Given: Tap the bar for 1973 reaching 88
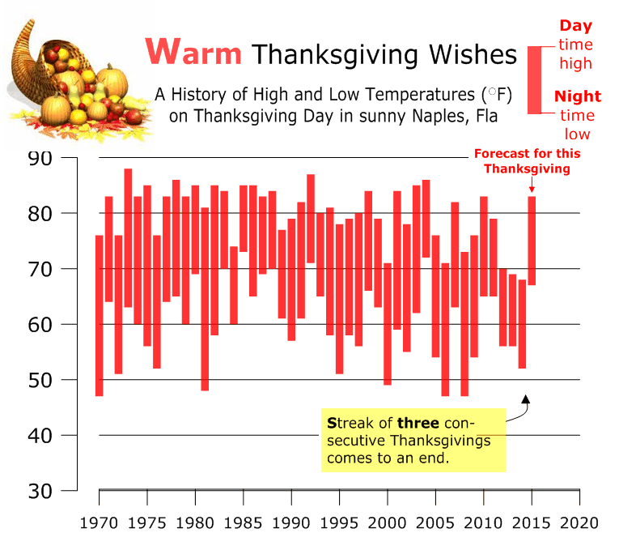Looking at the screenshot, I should click(128, 238).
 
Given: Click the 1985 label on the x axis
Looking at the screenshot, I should click(243, 522).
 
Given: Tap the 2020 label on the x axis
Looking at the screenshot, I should click(579, 522).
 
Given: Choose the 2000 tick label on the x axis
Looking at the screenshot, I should click(387, 522).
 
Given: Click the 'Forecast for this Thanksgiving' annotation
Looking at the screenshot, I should click(527, 161).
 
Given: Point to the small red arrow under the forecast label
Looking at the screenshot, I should click(532, 184).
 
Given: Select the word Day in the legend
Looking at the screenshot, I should click(575, 27).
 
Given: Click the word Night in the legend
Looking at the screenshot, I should click(577, 96).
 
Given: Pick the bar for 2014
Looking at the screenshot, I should click(522, 324).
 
